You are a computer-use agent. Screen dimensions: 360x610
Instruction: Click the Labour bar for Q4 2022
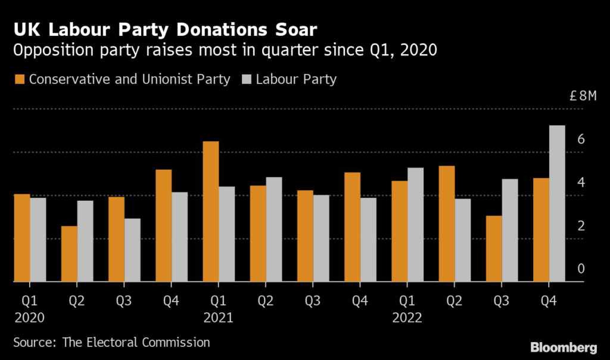click(557, 203)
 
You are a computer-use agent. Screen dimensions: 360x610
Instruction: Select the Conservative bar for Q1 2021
click(211, 212)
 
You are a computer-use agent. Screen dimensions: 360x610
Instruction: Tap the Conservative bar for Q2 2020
click(69, 254)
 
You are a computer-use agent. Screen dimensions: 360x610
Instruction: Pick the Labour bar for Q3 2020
click(133, 250)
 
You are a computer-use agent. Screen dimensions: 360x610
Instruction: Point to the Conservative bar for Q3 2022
click(494, 249)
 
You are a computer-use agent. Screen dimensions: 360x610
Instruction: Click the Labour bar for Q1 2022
click(415, 225)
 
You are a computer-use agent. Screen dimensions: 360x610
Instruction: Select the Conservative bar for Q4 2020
click(164, 225)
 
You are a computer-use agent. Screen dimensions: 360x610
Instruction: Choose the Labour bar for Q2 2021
click(274, 229)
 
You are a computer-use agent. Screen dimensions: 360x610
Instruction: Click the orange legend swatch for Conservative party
click(20, 79)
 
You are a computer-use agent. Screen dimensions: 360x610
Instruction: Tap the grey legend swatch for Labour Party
click(247, 79)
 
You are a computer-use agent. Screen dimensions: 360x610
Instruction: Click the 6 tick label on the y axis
click(581, 139)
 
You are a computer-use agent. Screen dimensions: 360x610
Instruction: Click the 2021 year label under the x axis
click(217, 318)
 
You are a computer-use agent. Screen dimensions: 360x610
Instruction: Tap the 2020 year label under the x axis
click(29, 318)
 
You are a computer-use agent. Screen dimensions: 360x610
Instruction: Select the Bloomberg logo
click(563, 346)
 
